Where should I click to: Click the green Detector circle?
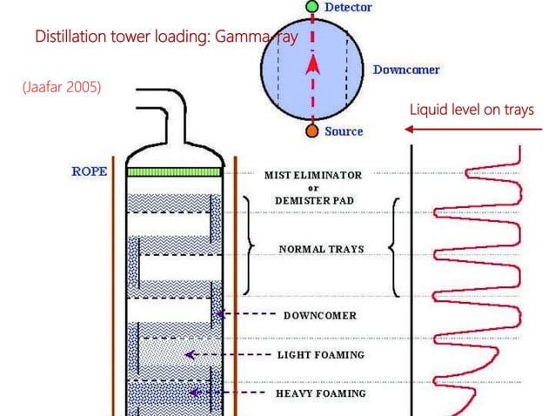coord(312,7)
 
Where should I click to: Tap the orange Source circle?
coord(312,131)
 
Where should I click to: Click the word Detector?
coord(348,8)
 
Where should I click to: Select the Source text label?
coord(344,132)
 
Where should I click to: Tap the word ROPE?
coord(90,171)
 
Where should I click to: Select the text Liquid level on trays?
coord(471,110)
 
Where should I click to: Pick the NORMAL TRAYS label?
coord(321,250)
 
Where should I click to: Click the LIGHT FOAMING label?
coord(320,355)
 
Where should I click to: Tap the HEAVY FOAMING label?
coord(321,393)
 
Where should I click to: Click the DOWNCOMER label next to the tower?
coord(320,314)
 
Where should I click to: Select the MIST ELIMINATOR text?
coord(313,175)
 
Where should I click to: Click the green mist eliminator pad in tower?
coord(178,172)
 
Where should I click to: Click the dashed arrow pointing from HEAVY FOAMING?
coord(228,393)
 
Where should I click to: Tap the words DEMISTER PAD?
coord(314,199)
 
